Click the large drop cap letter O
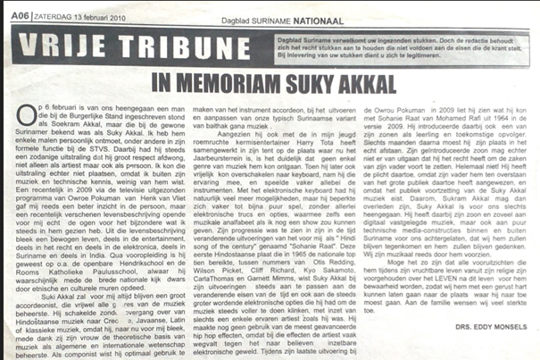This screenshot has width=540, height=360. coord(29,112)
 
